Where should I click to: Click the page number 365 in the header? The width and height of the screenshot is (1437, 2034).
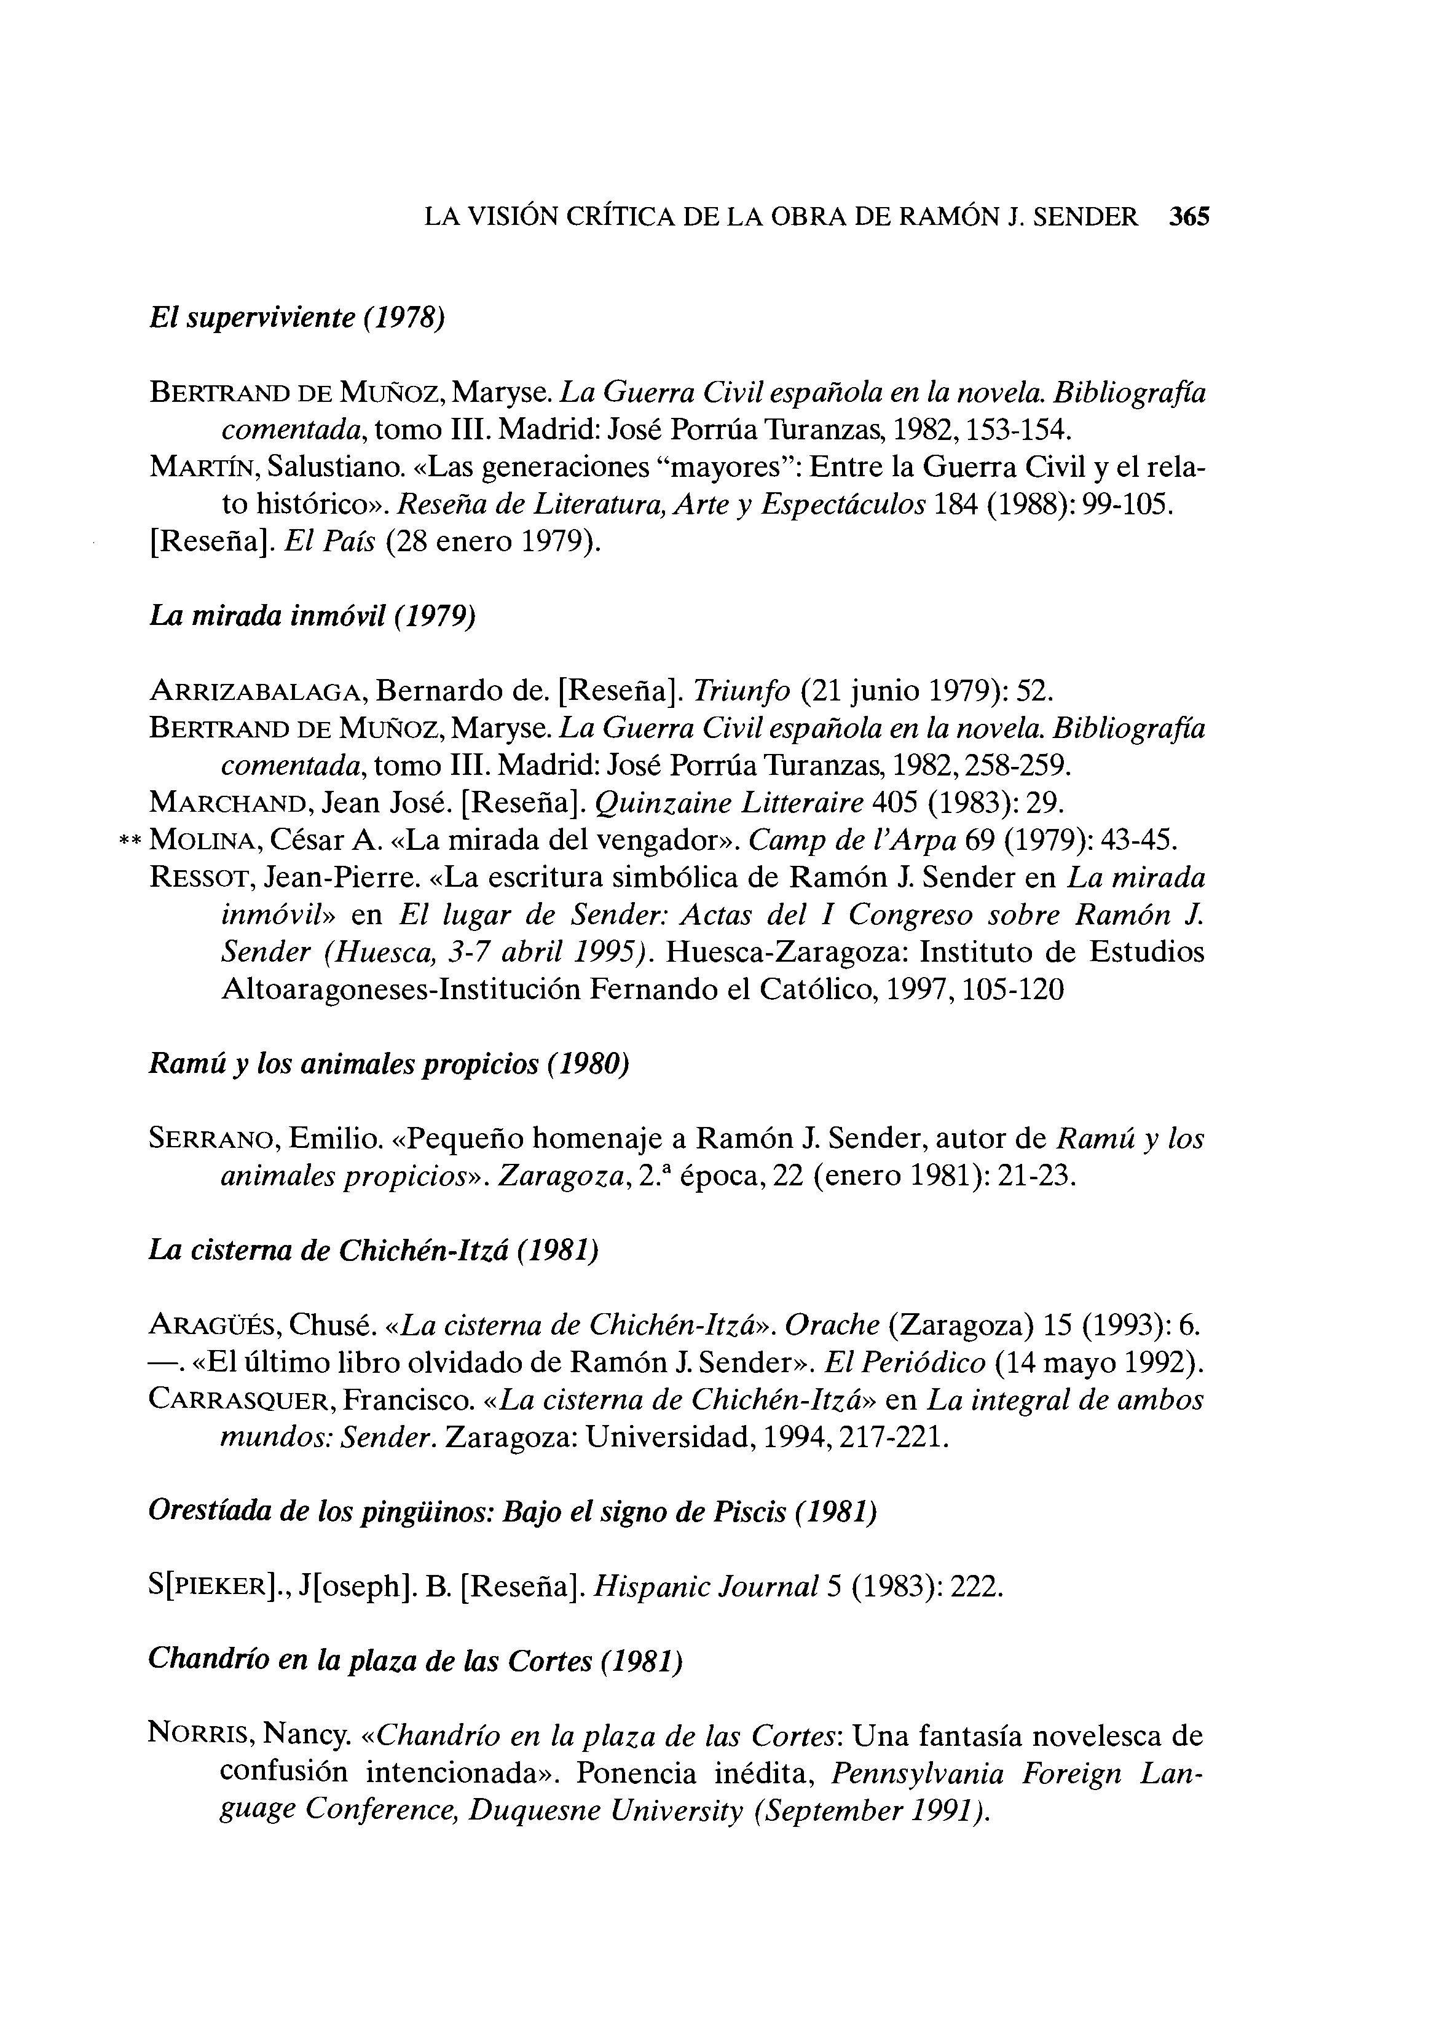click(x=1189, y=217)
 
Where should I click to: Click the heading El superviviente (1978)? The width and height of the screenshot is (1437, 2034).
click(x=296, y=317)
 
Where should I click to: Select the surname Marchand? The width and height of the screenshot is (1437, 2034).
click(x=229, y=803)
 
